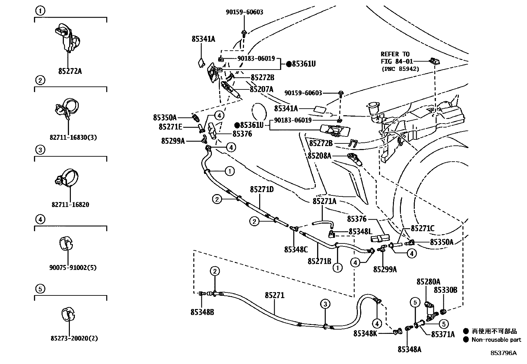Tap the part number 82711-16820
pyautogui.click(x=70, y=205)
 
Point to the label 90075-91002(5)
pyautogui.click(x=73, y=267)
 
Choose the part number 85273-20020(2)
pyautogui.click(x=74, y=338)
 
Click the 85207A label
pyautogui.click(x=262, y=89)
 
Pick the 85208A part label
pyautogui.click(x=319, y=155)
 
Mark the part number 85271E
pyautogui.click(x=170, y=127)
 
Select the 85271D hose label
pyautogui.click(x=262, y=189)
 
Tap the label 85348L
pyautogui.click(x=360, y=232)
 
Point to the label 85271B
pyautogui.click(x=319, y=261)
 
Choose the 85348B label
pyautogui.click(x=202, y=312)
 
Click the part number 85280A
pyautogui.click(x=428, y=282)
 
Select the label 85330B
pyautogui.click(x=445, y=290)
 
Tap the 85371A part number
pyautogui.click(x=443, y=335)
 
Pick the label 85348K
pyautogui.click(x=365, y=333)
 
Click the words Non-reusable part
pyautogui.click(x=496, y=339)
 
